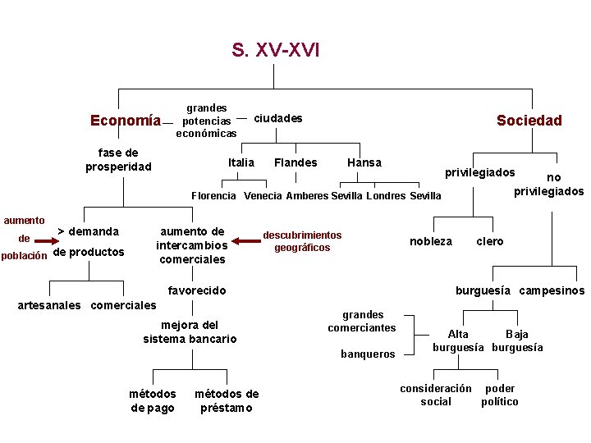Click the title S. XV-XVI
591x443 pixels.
(275, 51)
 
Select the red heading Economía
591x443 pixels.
(126, 121)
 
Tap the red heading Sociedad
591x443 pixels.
(529, 121)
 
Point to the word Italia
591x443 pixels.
(241, 162)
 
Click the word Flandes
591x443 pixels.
(295, 162)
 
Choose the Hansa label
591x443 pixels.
(364, 162)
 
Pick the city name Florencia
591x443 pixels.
(213, 196)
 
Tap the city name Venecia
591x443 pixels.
(262, 196)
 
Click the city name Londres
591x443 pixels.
(386, 196)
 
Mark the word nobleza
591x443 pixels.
(431, 241)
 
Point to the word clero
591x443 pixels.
(490, 241)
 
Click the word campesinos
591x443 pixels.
(552, 290)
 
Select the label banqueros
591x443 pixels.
(368, 354)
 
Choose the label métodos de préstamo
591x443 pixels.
(227, 401)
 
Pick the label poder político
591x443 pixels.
(500, 395)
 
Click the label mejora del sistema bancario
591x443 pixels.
(190, 331)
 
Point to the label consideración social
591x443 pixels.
(436, 395)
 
